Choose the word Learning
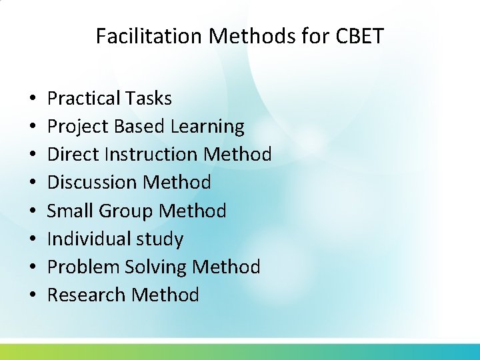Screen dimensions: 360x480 [x=207, y=127]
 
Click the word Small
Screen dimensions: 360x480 [x=71, y=211]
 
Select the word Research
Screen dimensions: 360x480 [x=87, y=295]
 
